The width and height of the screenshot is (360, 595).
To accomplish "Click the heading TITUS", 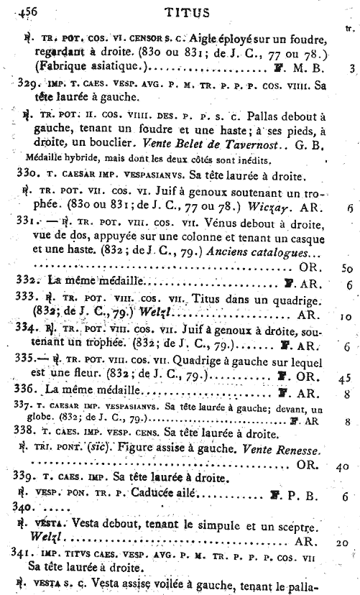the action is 187,11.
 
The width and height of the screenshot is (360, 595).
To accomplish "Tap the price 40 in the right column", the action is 343,466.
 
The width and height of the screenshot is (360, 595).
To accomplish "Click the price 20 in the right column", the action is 343,544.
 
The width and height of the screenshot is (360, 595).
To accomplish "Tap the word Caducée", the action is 156,494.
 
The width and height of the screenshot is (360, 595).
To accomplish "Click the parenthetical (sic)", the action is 97,449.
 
